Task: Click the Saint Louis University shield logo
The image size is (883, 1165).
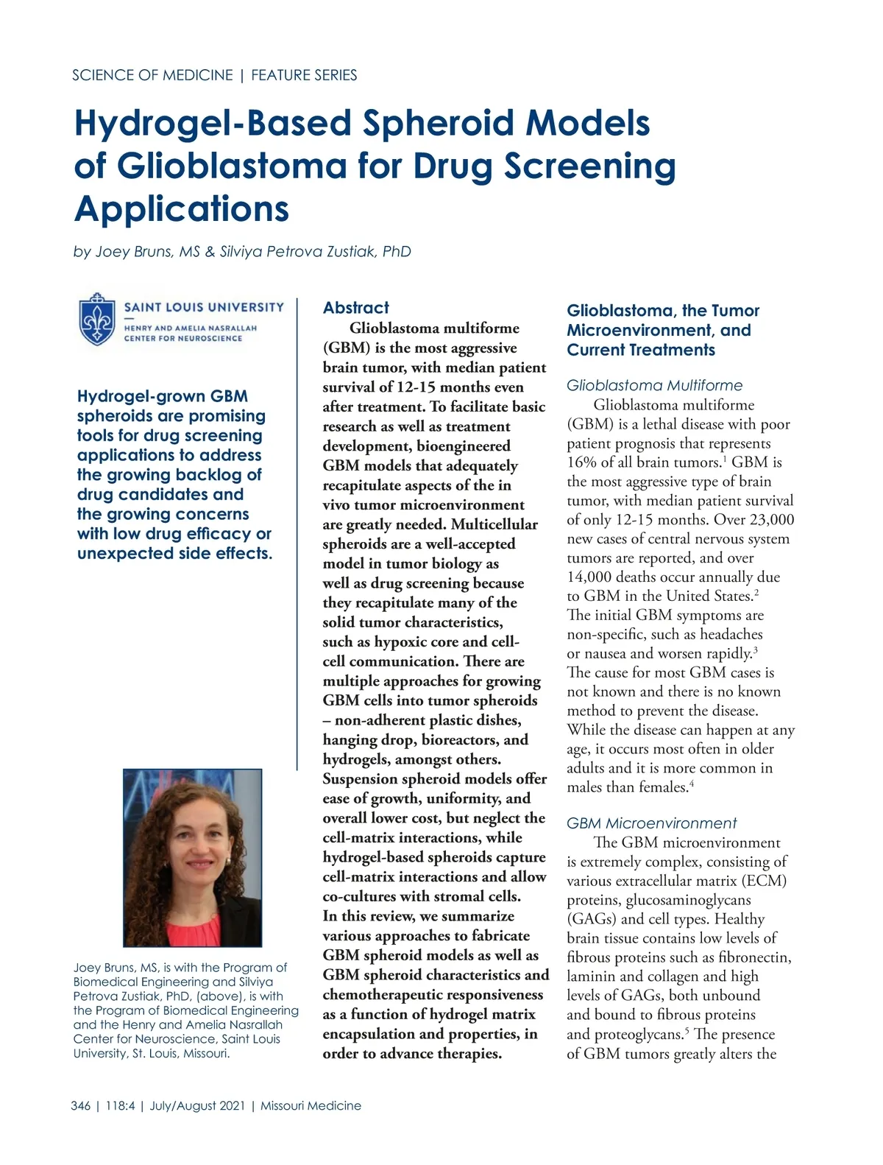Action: [97, 319]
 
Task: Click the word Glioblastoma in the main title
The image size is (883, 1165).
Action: [232, 166]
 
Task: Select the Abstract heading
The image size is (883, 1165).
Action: [356, 308]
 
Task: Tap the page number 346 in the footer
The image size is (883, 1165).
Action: [81, 1105]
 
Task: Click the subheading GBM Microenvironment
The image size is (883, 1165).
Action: [652, 823]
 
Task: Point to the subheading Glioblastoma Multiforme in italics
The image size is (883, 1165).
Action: [655, 385]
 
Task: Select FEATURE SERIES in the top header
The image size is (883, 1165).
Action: [304, 75]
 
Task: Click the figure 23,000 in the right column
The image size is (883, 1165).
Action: [771, 520]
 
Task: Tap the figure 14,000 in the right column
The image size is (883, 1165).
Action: [594, 577]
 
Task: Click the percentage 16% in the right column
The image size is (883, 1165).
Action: [581, 462]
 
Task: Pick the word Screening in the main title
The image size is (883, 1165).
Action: [590, 166]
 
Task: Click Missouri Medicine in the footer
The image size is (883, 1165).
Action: [311, 1105]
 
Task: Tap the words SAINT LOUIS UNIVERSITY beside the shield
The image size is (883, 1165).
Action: [204, 307]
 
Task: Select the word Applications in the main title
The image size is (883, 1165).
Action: [182, 208]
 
